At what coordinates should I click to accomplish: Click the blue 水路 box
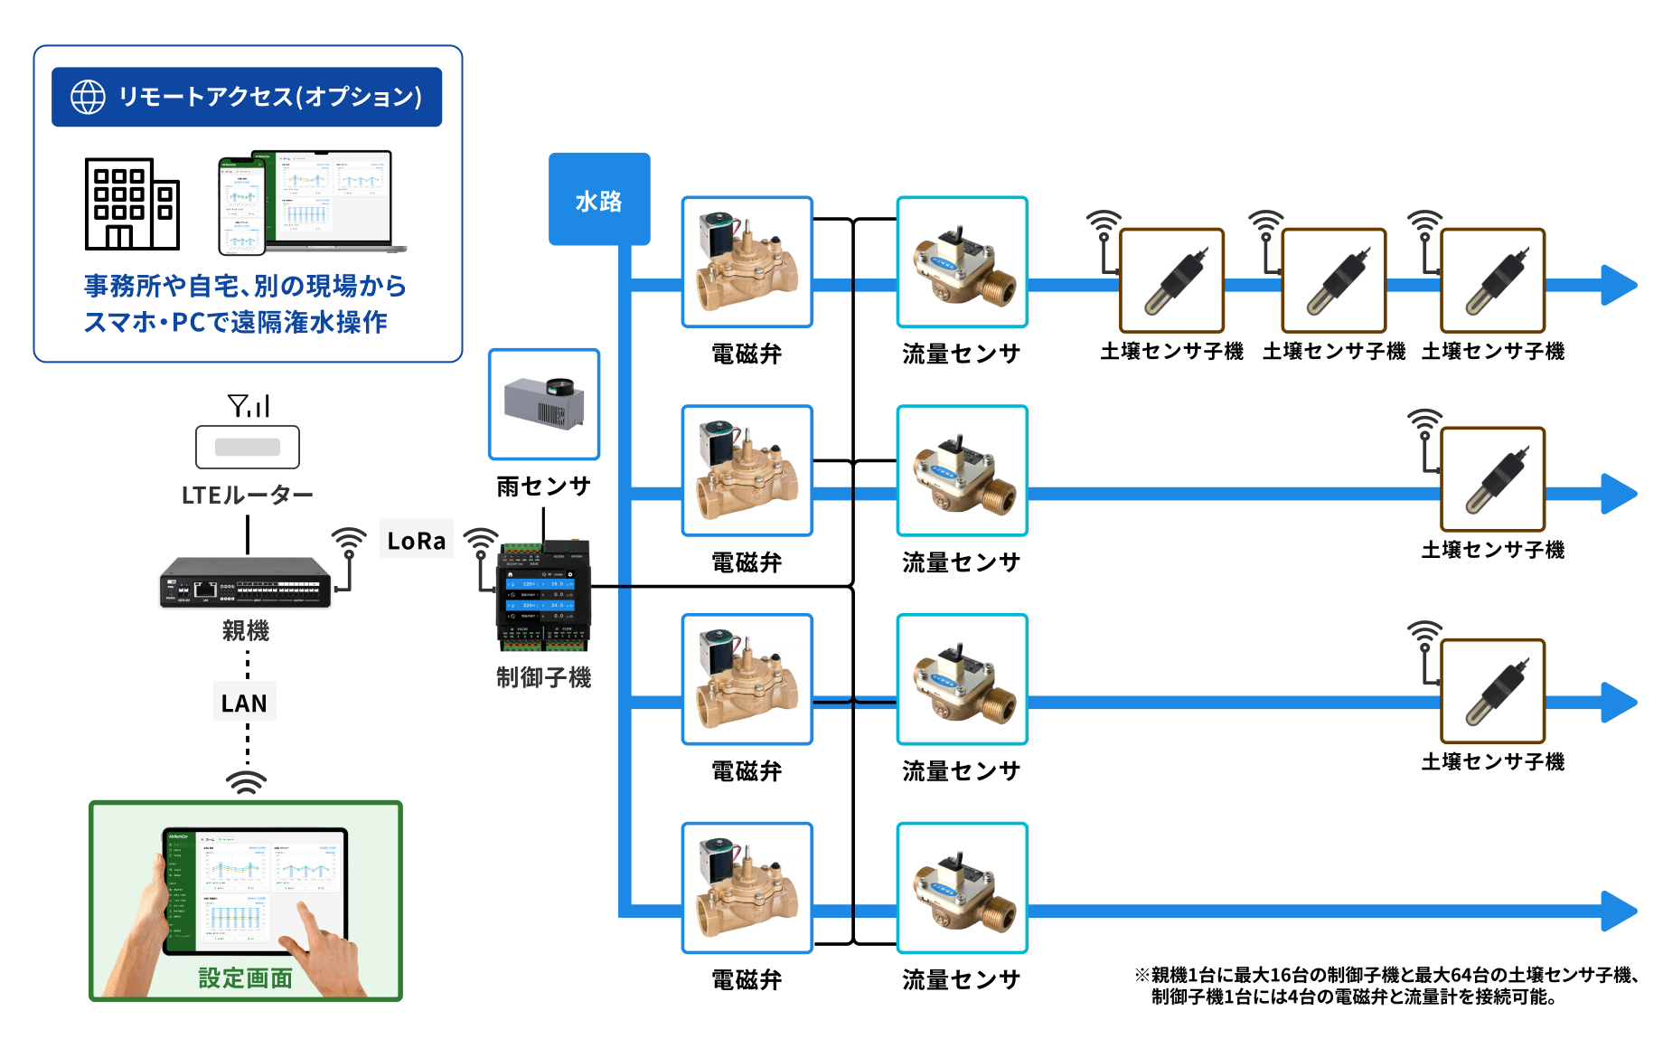click(x=599, y=199)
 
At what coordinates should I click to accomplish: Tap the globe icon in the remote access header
click(x=88, y=97)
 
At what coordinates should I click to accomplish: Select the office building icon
click(x=132, y=203)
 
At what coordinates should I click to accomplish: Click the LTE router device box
click(x=248, y=447)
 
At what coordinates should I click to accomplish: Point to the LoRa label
click(x=417, y=541)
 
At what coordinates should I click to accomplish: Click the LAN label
click(x=244, y=704)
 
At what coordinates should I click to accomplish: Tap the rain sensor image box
click(x=544, y=404)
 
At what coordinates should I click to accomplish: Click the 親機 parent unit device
click(x=246, y=581)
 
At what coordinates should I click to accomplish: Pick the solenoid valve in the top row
click(x=747, y=262)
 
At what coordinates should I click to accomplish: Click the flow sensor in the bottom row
click(x=963, y=888)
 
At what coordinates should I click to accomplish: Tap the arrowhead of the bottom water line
click(x=1620, y=911)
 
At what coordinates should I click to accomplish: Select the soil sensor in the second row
click(x=1493, y=479)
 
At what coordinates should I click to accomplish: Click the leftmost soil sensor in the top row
click(x=1172, y=280)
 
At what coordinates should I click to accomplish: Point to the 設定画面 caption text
click(x=246, y=978)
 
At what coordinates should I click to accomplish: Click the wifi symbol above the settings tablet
click(x=246, y=782)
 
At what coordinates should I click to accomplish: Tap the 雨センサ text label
click(x=544, y=486)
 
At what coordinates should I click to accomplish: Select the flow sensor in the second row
click(x=963, y=471)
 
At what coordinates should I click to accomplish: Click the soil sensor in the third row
click(x=1493, y=691)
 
